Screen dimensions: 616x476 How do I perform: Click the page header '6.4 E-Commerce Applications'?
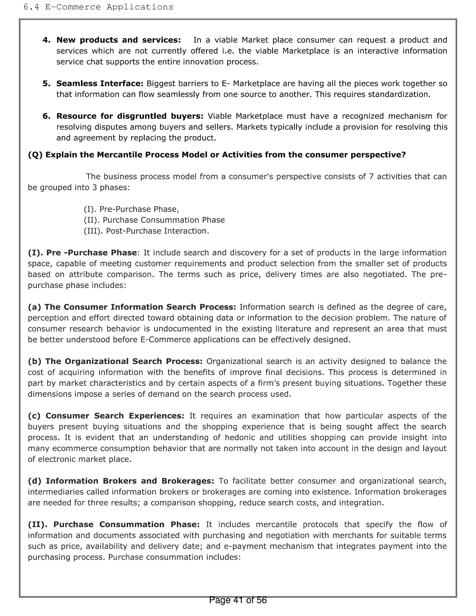(x=98, y=7)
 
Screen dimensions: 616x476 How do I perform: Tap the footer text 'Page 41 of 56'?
(x=238, y=600)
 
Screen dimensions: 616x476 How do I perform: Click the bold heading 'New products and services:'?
(x=119, y=40)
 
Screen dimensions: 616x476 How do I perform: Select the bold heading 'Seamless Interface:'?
(x=100, y=83)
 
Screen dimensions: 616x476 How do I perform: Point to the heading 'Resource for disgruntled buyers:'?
(x=130, y=116)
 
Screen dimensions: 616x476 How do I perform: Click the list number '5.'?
(x=46, y=83)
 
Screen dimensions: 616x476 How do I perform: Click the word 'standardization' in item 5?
(x=399, y=94)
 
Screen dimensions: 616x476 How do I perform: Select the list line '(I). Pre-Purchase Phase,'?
(x=131, y=209)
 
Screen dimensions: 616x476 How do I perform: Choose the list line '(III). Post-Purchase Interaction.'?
(x=146, y=231)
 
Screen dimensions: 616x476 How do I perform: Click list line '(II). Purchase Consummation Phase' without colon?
(x=154, y=220)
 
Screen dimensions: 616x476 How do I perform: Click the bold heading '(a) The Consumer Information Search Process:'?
(x=132, y=307)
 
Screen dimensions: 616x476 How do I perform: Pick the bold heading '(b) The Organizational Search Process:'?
(x=115, y=361)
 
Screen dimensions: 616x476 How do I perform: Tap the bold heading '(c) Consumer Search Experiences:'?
(x=106, y=416)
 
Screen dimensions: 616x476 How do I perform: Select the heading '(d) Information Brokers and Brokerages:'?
(x=121, y=481)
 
